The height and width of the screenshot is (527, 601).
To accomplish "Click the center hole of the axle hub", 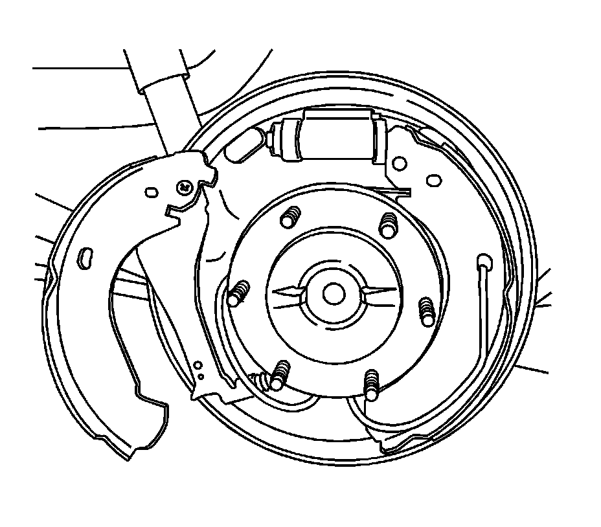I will [333, 295].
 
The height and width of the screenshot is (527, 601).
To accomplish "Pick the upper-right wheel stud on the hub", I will [388, 224].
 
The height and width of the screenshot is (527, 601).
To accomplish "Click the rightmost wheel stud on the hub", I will [426, 311].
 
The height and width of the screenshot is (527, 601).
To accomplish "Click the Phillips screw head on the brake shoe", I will [185, 186].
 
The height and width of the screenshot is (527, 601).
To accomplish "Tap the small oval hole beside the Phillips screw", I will [152, 192].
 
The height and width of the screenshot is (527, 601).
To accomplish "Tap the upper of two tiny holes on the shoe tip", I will [198, 366].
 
